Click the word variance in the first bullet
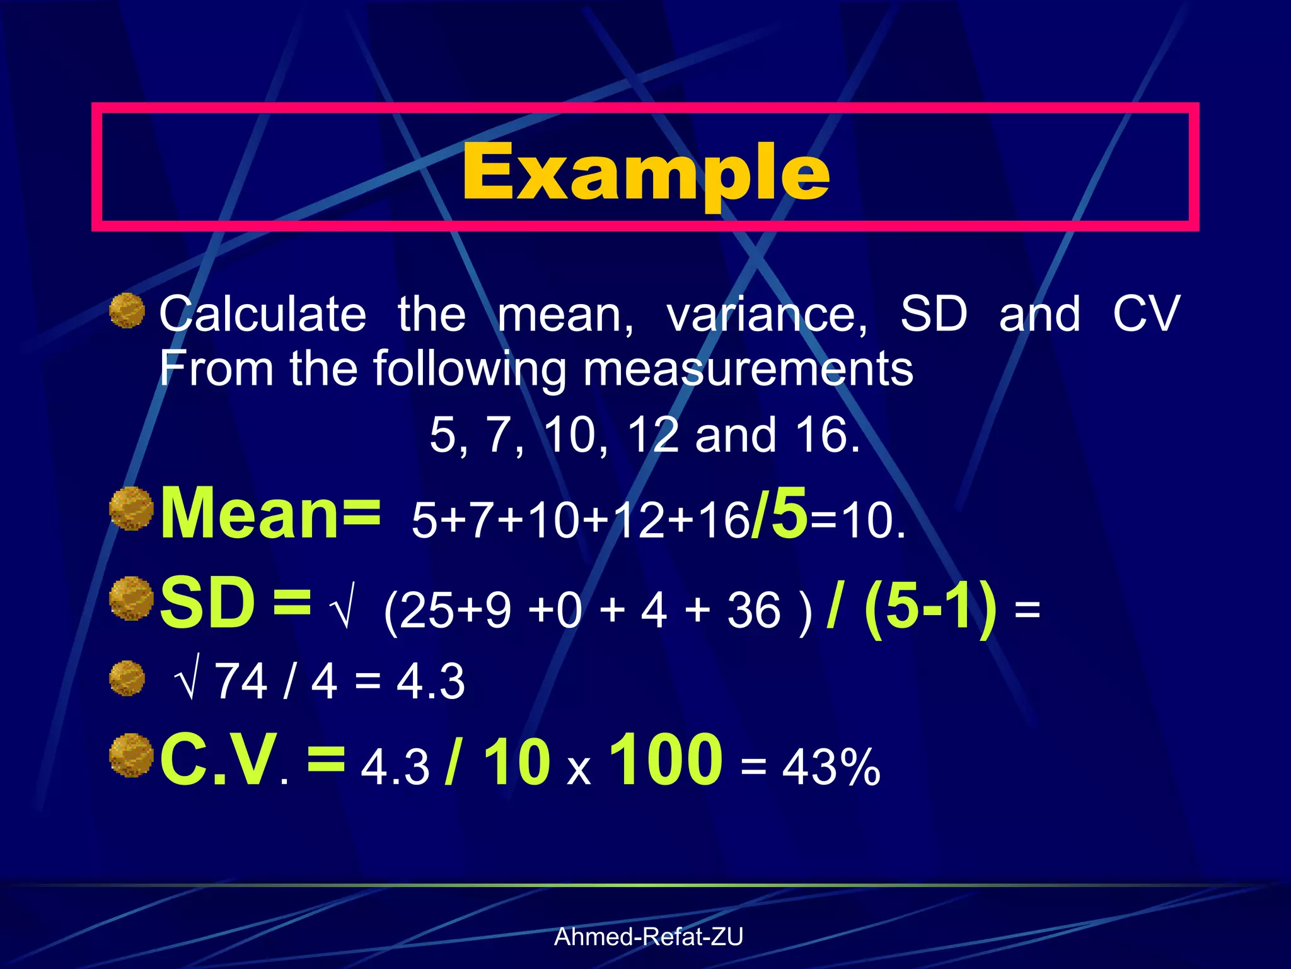[767, 314]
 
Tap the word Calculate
[262, 314]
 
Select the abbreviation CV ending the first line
[1145, 314]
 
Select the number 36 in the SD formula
[754, 611]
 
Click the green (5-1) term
[930, 607]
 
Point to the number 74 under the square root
[241, 681]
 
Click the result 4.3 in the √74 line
[431, 681]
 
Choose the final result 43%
[831, 768]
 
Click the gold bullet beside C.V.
[131, 755]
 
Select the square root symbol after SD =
[342, 607]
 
